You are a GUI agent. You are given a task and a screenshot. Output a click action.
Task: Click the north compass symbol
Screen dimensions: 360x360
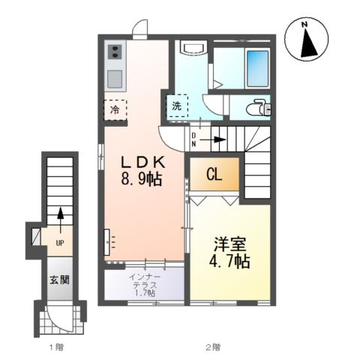point(307,41)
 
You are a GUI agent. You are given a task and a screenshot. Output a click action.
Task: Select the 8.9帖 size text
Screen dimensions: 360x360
point(140,180)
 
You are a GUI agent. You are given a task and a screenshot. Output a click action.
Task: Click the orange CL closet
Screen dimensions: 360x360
point(214,175)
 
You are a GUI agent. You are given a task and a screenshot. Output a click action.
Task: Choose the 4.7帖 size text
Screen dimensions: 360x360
point(229,262)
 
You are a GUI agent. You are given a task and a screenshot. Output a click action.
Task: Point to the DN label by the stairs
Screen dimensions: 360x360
point(193,139)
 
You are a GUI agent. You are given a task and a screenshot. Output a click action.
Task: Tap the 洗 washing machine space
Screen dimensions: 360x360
point(176,106)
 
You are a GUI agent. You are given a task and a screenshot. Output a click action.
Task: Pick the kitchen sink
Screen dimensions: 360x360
point(115,79)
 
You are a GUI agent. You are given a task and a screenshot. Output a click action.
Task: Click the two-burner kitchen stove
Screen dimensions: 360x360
point(115,52)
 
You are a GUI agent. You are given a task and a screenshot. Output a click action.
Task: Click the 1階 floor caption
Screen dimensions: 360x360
point(56,347)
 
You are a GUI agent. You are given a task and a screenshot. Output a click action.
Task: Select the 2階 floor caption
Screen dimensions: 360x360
point(213,347)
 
